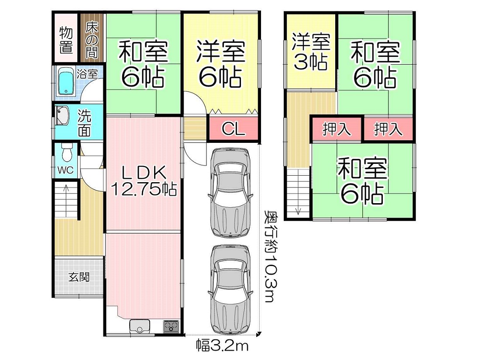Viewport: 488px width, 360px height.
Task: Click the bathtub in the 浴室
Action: click(66, 82)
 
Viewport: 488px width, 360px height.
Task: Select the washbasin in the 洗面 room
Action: click(62, 115)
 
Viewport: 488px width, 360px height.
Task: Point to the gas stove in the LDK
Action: click(171, 327)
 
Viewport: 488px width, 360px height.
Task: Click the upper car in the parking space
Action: click(230, 193)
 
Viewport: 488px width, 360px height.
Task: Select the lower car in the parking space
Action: click(230, 289)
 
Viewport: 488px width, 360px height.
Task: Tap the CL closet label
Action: click(233, 128)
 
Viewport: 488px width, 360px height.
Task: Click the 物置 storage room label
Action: click(66, 40)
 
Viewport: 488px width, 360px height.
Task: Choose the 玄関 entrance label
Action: click(79, 277)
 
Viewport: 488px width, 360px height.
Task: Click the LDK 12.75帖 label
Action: click(144, 180)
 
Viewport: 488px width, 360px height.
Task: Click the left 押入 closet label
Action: click(337, 129)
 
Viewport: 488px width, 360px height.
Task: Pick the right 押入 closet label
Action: click(388, 129)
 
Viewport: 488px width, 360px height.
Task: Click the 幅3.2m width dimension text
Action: click(222, 346)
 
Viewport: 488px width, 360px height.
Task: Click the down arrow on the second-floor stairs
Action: click(298, 199)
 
